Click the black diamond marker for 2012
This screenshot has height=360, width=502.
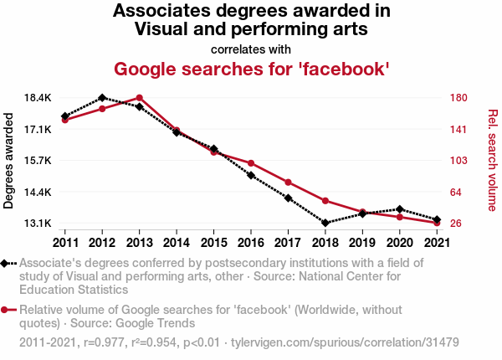point(102,98)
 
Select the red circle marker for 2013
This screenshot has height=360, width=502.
point(139,98)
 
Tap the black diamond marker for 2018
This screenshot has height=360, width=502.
point(325,223)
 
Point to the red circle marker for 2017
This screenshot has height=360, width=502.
point(288,182)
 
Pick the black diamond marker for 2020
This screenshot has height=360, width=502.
point(399,209)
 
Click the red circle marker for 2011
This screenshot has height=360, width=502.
point(64,120)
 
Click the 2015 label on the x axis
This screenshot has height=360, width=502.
point(213,243)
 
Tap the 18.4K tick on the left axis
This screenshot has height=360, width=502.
point(38,98)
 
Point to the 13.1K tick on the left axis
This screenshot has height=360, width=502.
point(38,224)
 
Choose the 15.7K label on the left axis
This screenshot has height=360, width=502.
point(38,161)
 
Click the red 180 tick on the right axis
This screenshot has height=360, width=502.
point(457,98)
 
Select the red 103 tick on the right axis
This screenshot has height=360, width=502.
point(457,161)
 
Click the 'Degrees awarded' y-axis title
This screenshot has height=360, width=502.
point(9,161)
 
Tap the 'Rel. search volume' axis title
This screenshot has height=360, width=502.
point(492,161)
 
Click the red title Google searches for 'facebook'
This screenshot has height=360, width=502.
point(251,68)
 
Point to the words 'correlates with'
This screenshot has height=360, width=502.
point(251,48)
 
